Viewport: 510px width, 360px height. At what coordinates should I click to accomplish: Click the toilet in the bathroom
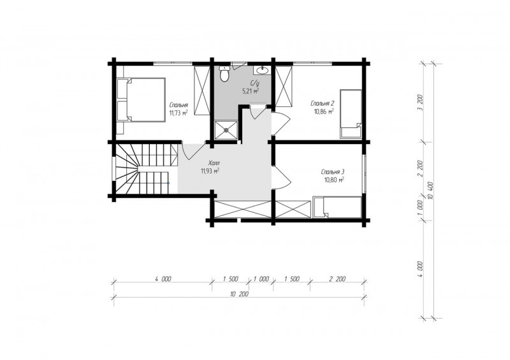click(x=224, y=73)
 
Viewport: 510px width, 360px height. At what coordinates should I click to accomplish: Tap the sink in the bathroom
click(x=261, y=70)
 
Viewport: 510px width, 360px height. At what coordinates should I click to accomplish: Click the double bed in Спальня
click(x=141, y=99)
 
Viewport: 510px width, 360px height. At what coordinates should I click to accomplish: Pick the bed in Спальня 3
click(x=337, y=207)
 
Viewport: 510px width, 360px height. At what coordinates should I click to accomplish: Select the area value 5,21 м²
click(x=251, y=91)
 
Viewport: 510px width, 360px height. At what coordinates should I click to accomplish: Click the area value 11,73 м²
click(x=178, y=113)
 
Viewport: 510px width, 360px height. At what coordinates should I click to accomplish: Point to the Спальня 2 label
click(x=323, y=104)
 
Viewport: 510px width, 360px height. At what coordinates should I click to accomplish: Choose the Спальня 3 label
click(x=333, y=171)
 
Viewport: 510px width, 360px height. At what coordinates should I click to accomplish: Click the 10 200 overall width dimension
click(x=240, y=294)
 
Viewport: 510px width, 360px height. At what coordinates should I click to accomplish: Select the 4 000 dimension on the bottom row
click(x=163, y=279)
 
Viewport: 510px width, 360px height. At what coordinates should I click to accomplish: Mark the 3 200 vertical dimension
click(x=421, y=103)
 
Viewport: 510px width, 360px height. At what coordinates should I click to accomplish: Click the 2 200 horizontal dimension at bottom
click(x=337, y=279)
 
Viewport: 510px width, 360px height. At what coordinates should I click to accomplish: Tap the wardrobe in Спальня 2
click(x=284, y=86)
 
